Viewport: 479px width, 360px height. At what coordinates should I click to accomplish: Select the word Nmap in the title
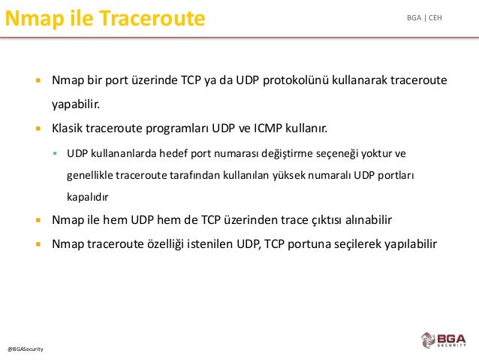point(35,19)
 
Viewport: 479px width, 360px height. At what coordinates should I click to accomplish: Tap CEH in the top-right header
point(435,18)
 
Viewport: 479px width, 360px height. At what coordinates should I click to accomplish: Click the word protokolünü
point(295,80)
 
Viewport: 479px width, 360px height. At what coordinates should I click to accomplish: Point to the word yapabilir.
point(76,104)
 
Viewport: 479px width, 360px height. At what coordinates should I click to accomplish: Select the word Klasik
point(68,129)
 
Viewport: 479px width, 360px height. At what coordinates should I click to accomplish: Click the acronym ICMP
point(268,129)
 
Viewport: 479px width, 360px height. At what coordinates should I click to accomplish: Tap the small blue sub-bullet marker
point(55,153)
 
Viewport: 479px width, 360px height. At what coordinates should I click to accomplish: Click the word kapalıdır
point(87,197)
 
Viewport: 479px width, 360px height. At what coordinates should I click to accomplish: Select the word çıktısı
point(327,220)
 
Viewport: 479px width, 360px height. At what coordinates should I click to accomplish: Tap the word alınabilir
point(369,220)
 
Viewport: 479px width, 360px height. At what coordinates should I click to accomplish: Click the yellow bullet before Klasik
point(38,129)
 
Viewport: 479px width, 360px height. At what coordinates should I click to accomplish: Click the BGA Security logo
point(444,340)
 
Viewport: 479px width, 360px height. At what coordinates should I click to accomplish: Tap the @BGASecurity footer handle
point(26,349)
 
